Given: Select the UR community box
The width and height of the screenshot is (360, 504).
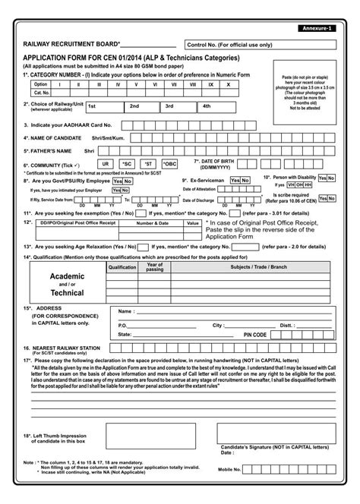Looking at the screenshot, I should tap(106, 163).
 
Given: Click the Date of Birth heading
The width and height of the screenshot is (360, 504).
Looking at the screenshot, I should tap(224, 162).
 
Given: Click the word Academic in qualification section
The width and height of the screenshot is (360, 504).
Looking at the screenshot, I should tap(67, 276).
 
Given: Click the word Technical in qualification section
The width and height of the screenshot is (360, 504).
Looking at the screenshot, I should tap(67, 292).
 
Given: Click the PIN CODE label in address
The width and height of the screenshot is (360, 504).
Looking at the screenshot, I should tap(254, 334).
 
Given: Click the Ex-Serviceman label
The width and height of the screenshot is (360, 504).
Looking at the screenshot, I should tap(205, 181).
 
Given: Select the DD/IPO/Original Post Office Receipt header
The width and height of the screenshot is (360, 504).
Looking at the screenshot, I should tap(78, 224).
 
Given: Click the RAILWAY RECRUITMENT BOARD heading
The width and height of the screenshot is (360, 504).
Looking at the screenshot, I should tap(71, 46).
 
